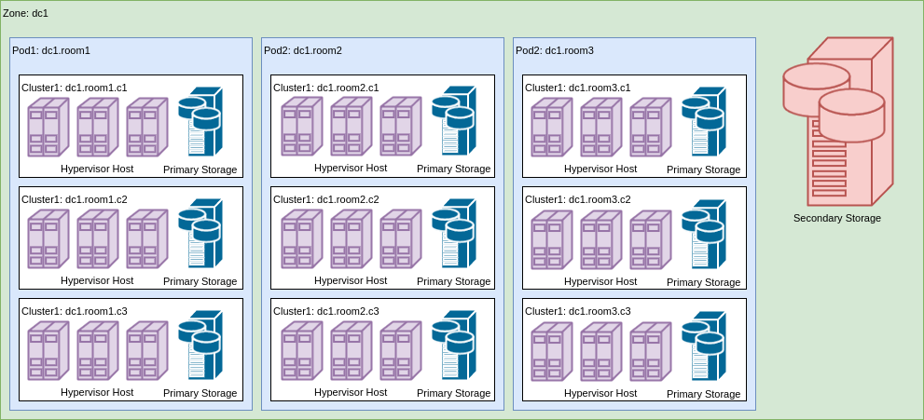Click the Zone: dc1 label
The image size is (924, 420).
[x=26, y=13]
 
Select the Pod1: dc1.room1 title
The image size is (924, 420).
[x=51, y=50]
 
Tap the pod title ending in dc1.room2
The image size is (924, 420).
[x=303, y=50]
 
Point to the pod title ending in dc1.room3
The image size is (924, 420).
[x=555, y=50]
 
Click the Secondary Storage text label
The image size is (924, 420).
[x=837, y=218]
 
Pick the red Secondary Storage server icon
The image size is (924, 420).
[x=838, y=121]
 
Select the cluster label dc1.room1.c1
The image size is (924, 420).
[x=75, y=88]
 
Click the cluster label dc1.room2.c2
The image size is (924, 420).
[x=326, y=199]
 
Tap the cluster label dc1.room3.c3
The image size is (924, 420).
[x=578, y=311]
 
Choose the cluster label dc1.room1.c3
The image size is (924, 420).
[x=75, y=311]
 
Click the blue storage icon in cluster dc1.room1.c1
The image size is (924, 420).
[x=200, y=121]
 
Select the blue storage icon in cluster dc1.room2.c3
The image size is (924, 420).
[x=454, y=345]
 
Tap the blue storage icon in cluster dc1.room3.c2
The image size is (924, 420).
[x=704, y=234]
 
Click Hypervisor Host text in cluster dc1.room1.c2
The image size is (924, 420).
[x=97, y=280]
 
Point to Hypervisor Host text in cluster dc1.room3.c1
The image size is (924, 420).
[x=600, y=169]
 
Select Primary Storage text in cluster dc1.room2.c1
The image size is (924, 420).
[x=453, y=169]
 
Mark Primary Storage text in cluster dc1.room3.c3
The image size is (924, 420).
[x=703, y=394]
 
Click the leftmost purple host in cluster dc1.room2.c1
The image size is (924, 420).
[x=302, y=126]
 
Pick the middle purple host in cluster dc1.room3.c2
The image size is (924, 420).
[x=601, y=239]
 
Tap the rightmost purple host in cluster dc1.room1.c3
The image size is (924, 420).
[x=147, y=350]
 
